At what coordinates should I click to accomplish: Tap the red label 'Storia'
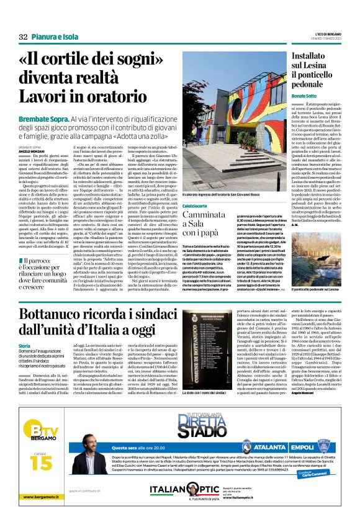(24, 345)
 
